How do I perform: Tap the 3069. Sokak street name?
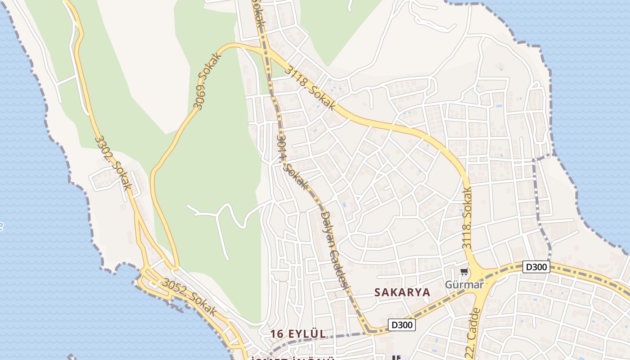[x=208, y=81]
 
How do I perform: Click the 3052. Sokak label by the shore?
[x=189, y=297]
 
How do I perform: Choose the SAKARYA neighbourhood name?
[x=402, y=292]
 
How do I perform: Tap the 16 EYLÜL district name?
[x=298, y=334]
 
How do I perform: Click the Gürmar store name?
[x=464, y=284]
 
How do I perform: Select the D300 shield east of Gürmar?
[x=537, y=267]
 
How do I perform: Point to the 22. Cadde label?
[x=472, y=333]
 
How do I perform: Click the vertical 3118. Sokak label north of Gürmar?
[x=468, y=218]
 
